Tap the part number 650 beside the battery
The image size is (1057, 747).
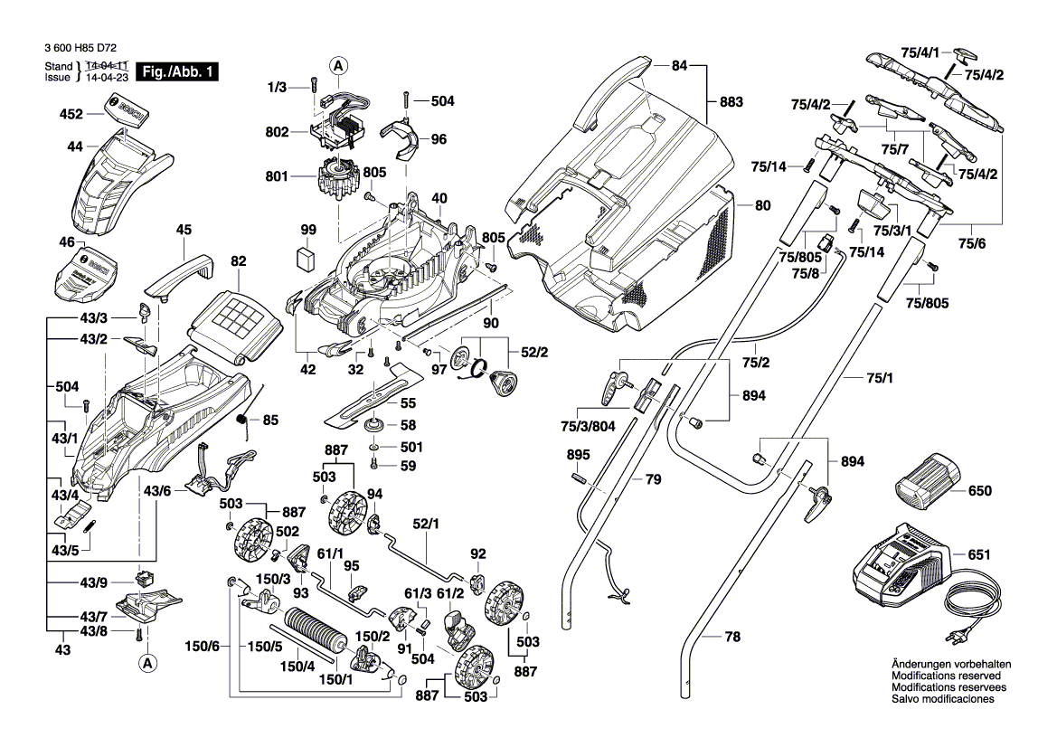click(979, 492)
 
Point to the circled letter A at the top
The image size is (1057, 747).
click(338, 65)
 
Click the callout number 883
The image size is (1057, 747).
click(731, 102)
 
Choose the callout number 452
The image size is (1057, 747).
click(71, 115)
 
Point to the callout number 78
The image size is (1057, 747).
click(731, 638)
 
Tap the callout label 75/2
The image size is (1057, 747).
click(755, 363)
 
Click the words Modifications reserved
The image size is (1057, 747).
click(946, 676)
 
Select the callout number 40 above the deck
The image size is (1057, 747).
click(439, 198)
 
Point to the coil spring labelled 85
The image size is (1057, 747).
click(243, 420)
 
